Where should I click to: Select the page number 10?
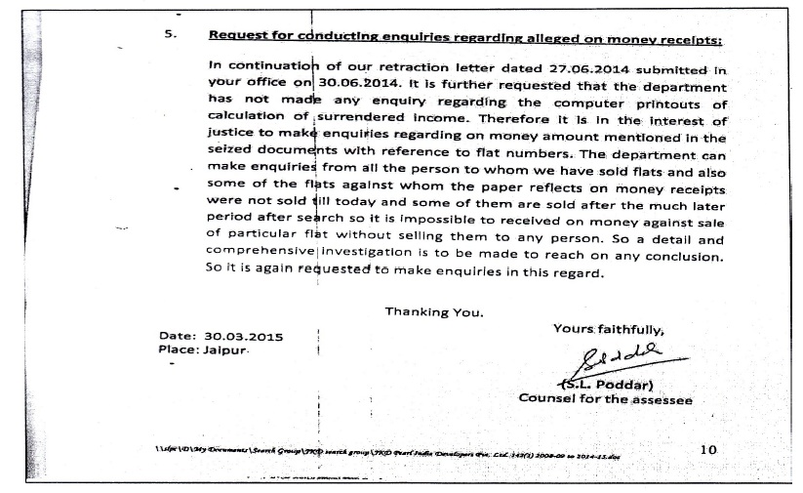pyautogui.click(x=709, y=448)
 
